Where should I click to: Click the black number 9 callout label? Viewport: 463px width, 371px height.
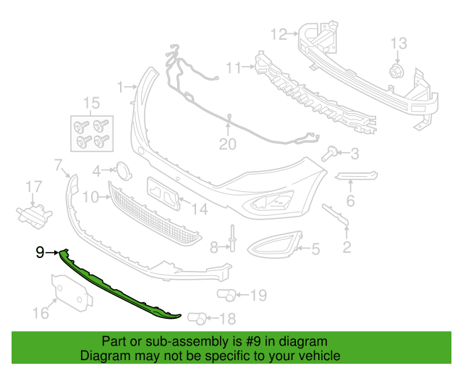(40, 252)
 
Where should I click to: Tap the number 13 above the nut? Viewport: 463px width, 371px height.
(399, 43)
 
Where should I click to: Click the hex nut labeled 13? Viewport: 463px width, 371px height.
(396, 71)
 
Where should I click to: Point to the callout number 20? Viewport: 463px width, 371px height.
(228, 144)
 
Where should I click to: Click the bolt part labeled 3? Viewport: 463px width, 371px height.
(330, 154)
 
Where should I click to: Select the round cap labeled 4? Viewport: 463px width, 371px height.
(123, 170)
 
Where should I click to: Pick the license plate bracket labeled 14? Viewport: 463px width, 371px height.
(163, 193)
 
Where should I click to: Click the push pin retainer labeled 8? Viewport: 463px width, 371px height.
(233, 238)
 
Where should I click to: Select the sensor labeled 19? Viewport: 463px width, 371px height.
(226, 295)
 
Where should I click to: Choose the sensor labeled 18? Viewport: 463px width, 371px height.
(197, 318)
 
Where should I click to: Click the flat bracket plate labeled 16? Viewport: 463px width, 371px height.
(72, 292)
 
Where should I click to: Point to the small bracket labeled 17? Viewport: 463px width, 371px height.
(34, 214)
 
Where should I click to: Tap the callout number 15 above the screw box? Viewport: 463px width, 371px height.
(91, 103)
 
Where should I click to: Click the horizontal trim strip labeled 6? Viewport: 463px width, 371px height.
(356, 175)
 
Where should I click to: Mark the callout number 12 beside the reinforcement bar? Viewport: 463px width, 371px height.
(279, 34)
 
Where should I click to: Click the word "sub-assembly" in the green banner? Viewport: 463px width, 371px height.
(187, 341)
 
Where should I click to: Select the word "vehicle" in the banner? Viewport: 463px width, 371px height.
(322, 355)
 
